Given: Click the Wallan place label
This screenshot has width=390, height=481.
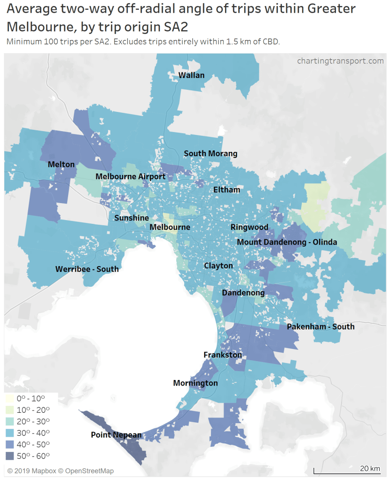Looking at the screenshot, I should tap(191, 75).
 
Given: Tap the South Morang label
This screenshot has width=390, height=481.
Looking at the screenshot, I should tap(211, 153).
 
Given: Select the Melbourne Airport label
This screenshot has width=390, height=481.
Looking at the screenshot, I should tap(131, 176).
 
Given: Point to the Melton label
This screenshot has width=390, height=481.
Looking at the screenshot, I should tap(61, 164).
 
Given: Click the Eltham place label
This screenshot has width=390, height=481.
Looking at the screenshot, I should tap(226, 190).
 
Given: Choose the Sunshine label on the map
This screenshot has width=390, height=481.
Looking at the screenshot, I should tap(132, 218).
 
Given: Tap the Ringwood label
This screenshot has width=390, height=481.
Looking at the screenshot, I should tap(250, 227).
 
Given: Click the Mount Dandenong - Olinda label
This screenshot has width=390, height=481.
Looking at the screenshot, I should tap(287, 242).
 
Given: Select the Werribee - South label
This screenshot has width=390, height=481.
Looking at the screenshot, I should tap(87, 269).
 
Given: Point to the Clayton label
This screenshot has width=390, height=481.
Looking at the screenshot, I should tap(218, 266).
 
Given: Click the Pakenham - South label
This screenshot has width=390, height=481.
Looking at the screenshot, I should tap(320, 326).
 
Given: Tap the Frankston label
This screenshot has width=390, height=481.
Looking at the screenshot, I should tap(223, 355).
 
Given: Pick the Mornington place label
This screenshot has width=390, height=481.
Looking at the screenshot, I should tap(195, 383).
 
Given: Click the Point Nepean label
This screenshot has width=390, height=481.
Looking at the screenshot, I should tap(116, 435).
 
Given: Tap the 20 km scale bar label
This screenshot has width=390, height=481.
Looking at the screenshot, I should tap(370, 468).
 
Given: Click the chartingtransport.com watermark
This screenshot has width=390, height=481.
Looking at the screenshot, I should tap(340, 61).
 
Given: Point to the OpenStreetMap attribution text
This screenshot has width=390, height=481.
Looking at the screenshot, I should tap(89, 471).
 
